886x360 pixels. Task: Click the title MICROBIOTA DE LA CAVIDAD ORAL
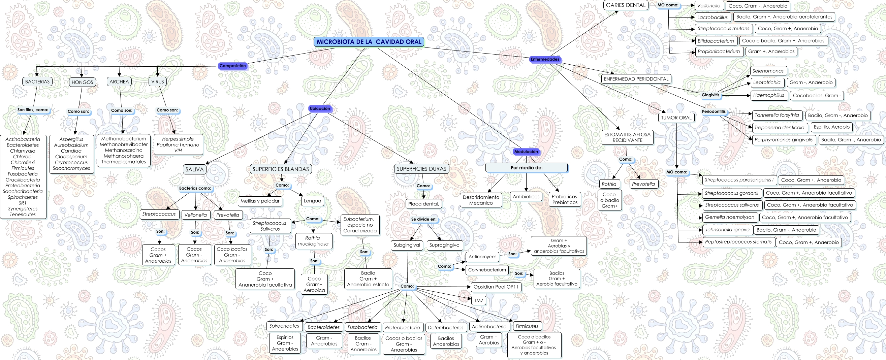click(369, 42)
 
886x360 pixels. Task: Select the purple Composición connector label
click(232, 66)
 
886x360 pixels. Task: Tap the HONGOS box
click(82, 82)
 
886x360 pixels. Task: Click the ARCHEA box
click(119, 81)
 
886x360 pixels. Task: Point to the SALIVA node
click(194, 169)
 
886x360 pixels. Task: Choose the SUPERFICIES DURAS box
click(421, 169)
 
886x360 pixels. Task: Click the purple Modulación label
click(526, 152)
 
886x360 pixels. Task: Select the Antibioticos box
click(526, 197)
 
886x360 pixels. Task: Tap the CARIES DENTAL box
click(626, 5)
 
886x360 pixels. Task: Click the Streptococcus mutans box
click(723, 29)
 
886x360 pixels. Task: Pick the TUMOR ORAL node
click(676, 118)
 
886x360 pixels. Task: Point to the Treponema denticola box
click(779, 128)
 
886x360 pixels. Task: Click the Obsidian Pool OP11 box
click(496, 287)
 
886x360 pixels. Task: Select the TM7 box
click(478, 300)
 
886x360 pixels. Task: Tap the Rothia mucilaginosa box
click(313, 241)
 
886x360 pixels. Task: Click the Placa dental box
click(423, 204)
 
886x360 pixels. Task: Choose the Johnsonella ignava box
click(727, 230)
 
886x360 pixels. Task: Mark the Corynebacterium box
click(487, 270)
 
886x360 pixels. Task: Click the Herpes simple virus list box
click(178, 145)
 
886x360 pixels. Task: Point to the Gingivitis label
click(710, 95)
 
